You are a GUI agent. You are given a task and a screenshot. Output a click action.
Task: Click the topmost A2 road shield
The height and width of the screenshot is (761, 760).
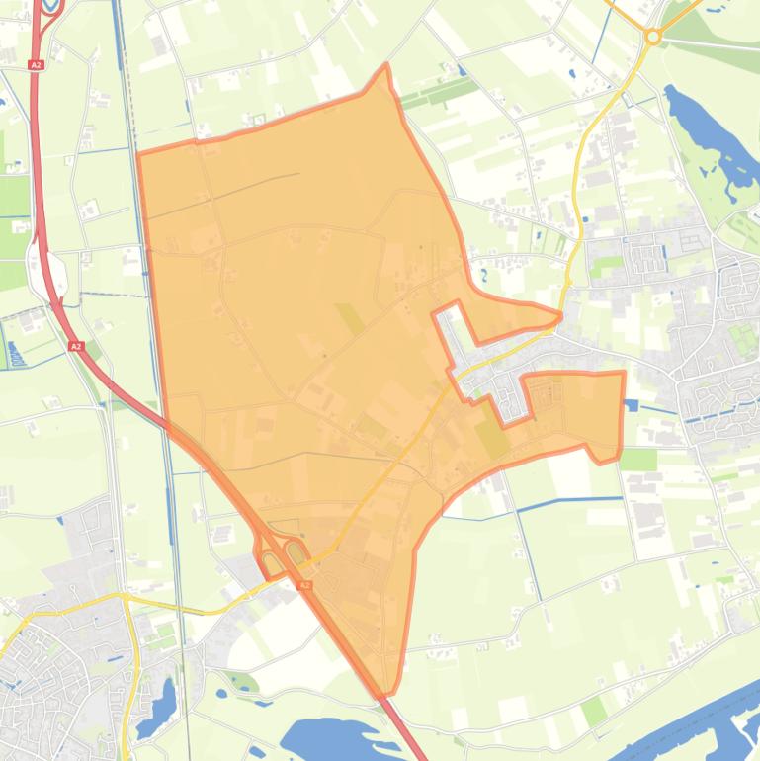[36, 65]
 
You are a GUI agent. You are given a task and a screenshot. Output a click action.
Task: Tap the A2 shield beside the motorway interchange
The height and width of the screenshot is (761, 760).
[304, 585]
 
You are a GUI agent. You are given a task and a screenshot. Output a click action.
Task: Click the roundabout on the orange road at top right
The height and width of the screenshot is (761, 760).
[652, 37]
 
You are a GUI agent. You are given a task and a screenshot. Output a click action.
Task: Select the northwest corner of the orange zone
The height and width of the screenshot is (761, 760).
[138, 154]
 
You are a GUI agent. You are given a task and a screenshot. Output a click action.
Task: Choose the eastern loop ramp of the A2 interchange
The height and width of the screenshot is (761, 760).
[295, 550]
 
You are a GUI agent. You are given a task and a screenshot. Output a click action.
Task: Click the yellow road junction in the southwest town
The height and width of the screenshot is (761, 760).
[124, 597]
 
